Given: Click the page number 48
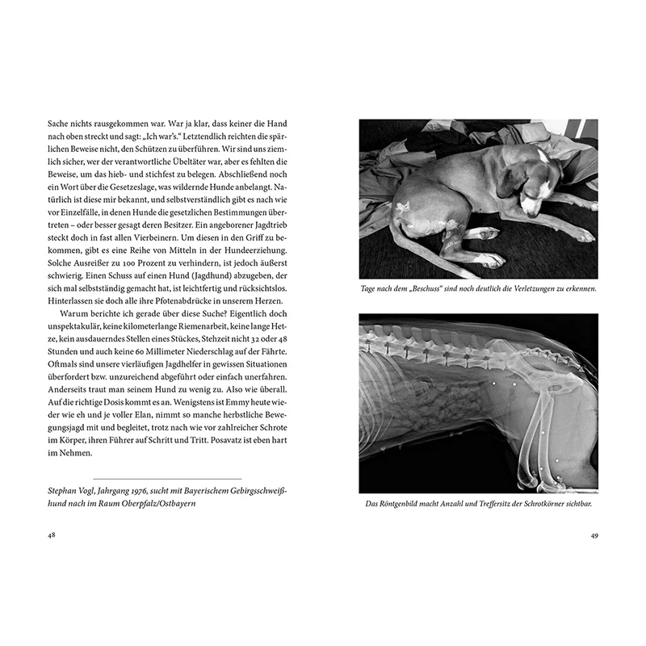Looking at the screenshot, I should click(52, 535).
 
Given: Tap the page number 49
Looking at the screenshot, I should click(594, 535).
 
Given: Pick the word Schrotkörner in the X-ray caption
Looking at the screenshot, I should click(532, 505).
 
